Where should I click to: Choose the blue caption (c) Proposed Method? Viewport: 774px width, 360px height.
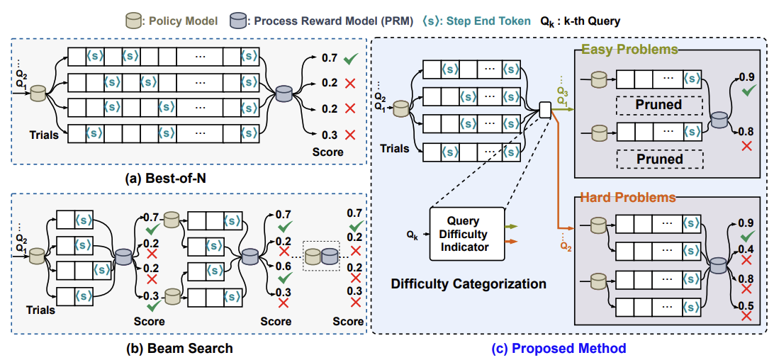pos(559,348)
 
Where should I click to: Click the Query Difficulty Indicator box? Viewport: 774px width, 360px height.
pos(468,233)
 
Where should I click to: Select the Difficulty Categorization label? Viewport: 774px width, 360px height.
pos(469,284)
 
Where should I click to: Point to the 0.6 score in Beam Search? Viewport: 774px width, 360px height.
pos(284,266)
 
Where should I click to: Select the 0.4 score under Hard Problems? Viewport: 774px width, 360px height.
pos(745,249)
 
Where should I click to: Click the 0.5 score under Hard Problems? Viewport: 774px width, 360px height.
pos(745,305)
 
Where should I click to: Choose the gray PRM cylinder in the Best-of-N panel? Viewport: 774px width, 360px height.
pos(284,94)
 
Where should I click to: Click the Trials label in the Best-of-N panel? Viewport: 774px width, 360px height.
pos(44,133)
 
